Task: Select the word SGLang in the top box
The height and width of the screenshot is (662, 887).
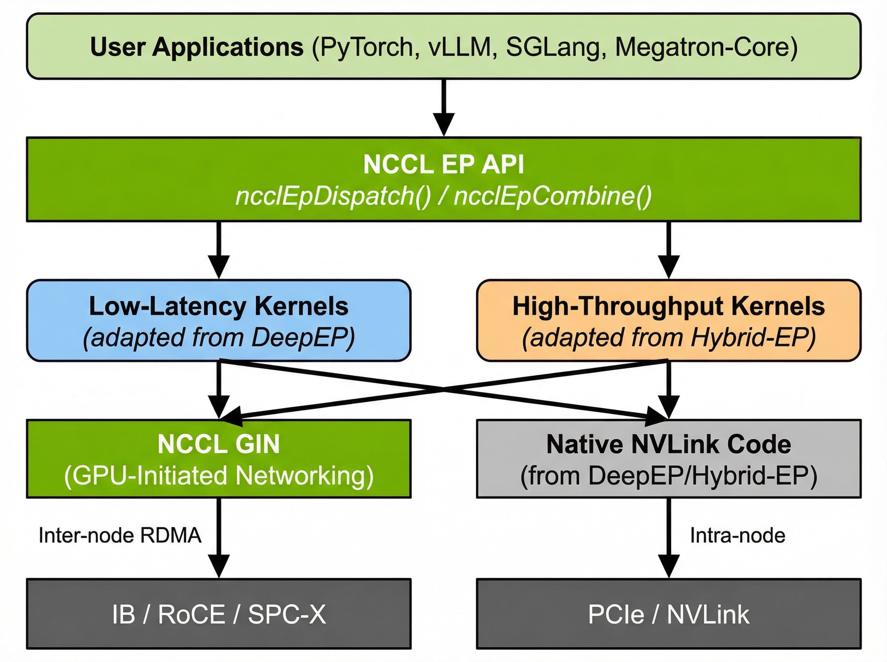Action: pos(555,47)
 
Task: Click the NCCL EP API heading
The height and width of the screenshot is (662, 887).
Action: pos(443,164)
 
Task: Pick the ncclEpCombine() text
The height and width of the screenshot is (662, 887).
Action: pos(552,197)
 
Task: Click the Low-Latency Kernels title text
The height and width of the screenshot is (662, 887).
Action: pos(219,306)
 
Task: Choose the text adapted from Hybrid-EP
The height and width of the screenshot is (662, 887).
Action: pos(669,337)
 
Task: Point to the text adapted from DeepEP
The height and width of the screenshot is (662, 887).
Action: pos(219,337)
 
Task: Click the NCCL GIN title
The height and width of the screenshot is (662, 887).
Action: pos(219,444)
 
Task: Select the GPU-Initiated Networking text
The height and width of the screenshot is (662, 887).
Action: pos(219,476)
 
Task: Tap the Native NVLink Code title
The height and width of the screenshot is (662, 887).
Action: pos(669,444)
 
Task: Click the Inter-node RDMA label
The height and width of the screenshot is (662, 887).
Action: pos(120,535)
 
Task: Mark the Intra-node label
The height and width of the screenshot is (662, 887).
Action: pos(737,535)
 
